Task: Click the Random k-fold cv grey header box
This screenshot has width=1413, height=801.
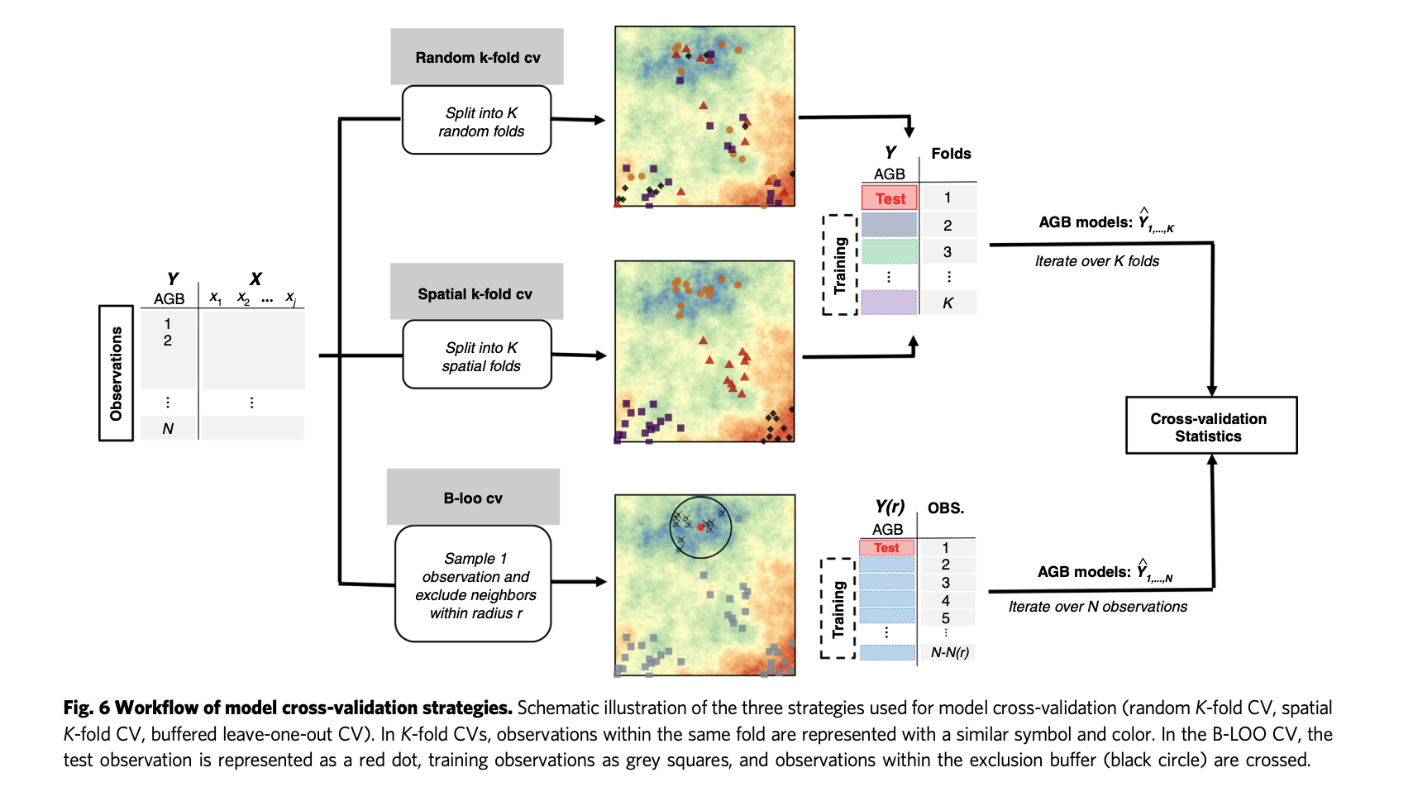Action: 477,57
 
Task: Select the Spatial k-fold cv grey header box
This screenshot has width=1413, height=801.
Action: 475,293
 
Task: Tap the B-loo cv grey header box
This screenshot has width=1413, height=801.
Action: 473,498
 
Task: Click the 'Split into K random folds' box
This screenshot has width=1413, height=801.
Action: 477,121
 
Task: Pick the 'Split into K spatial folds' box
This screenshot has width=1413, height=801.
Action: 477,355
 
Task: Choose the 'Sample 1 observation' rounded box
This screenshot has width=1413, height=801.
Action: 473,584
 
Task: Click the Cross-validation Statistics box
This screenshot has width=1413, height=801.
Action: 1210,427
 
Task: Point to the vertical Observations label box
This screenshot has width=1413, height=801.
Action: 117,373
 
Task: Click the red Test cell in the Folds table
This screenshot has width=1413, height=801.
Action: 890,198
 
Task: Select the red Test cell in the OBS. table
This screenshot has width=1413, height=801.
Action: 886,547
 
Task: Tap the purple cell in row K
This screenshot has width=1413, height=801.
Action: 889,303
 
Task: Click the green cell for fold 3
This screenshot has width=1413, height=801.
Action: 889,251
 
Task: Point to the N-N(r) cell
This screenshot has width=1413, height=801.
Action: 949,652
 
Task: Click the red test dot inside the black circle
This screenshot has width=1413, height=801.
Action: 700,527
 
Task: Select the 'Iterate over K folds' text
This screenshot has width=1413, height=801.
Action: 1096,261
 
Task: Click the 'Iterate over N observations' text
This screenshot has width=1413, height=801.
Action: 1097,607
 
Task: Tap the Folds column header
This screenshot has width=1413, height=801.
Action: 951,154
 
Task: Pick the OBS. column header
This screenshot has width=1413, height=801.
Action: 946,508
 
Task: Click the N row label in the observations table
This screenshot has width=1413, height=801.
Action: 168,428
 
